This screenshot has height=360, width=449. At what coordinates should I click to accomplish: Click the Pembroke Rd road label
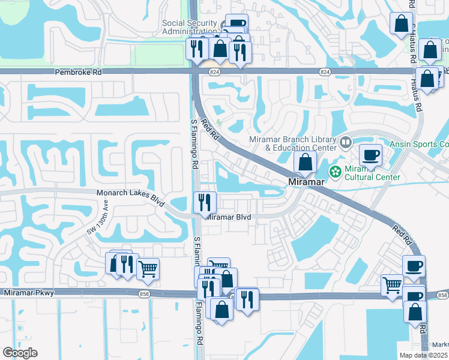79,71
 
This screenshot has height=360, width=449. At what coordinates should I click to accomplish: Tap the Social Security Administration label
189,27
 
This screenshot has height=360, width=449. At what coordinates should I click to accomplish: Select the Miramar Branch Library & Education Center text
292,143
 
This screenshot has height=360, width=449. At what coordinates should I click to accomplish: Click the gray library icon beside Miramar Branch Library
345,143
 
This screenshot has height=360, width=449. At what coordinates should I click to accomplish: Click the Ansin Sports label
419,144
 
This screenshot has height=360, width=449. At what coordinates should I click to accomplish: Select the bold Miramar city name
307,181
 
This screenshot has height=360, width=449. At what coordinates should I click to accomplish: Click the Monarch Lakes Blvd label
131,193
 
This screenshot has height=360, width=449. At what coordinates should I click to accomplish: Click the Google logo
20,353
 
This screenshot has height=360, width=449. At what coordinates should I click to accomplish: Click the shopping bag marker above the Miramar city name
305,161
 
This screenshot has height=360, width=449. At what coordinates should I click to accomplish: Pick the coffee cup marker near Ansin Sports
370,155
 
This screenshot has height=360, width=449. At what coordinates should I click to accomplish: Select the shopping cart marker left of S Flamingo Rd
148,269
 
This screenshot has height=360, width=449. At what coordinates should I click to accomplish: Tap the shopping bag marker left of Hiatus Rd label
401,24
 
